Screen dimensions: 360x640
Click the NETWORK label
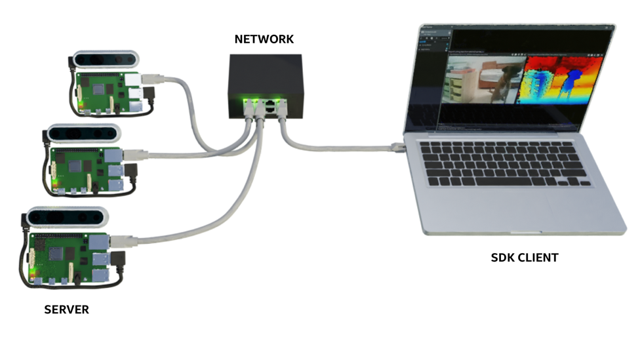click(264, 39)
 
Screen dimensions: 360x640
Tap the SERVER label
click(66, 309)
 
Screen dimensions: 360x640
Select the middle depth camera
click(85, 133)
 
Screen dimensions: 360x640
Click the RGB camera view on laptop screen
click(485, 79)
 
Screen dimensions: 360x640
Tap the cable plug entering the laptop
click(397, 146)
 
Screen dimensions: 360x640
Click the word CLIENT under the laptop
click(538, 258)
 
